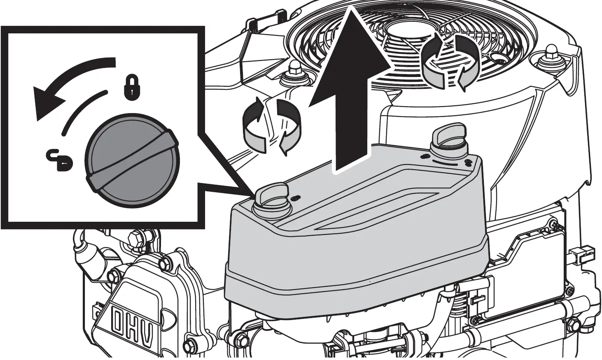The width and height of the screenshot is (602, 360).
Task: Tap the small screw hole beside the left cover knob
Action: coord(295,199)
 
